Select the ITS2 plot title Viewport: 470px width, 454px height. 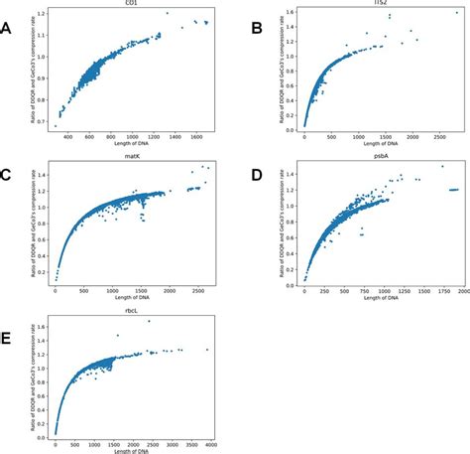point(372,4)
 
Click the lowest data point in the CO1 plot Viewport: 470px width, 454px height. point(55,126)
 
